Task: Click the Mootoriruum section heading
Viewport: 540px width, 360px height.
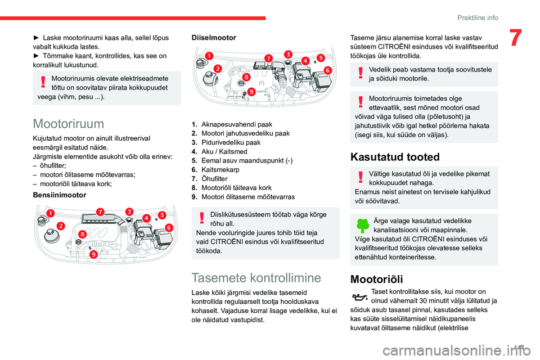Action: tap(68, 123)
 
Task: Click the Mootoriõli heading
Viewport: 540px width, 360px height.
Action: tap(376, 278)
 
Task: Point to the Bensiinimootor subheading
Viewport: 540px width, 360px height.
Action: tap(60, 195)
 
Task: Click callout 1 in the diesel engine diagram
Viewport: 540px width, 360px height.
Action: tap(209, 56)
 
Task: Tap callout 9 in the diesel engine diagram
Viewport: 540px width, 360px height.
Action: tap(251, 91)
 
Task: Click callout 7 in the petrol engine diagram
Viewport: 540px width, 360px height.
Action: tap(100, 211)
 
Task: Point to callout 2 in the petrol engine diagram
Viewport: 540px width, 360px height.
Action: tap(60, 226)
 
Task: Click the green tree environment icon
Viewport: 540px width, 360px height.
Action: tap(362, 226)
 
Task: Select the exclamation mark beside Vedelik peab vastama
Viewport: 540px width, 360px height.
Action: tap(360, 74)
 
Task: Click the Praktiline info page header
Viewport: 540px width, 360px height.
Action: tap(477, 17)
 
